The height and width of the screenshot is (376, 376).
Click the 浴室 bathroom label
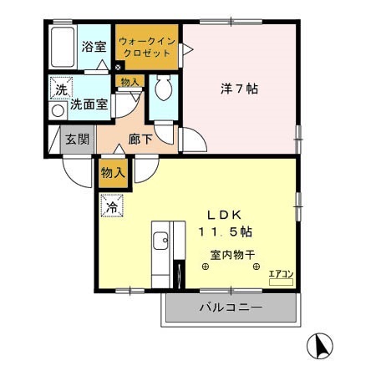point(94,47)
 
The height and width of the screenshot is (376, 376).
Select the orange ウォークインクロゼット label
point(146,47)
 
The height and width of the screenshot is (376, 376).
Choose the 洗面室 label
point(86,106)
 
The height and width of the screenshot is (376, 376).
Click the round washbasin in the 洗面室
point(58,110)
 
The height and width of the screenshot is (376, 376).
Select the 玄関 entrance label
point(76,140)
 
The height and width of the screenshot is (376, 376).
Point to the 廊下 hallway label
point(140,140)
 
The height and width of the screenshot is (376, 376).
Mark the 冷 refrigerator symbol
point(111,203)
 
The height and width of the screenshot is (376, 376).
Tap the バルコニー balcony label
point(230,308)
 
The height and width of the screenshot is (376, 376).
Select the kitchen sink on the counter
point(160,244)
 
